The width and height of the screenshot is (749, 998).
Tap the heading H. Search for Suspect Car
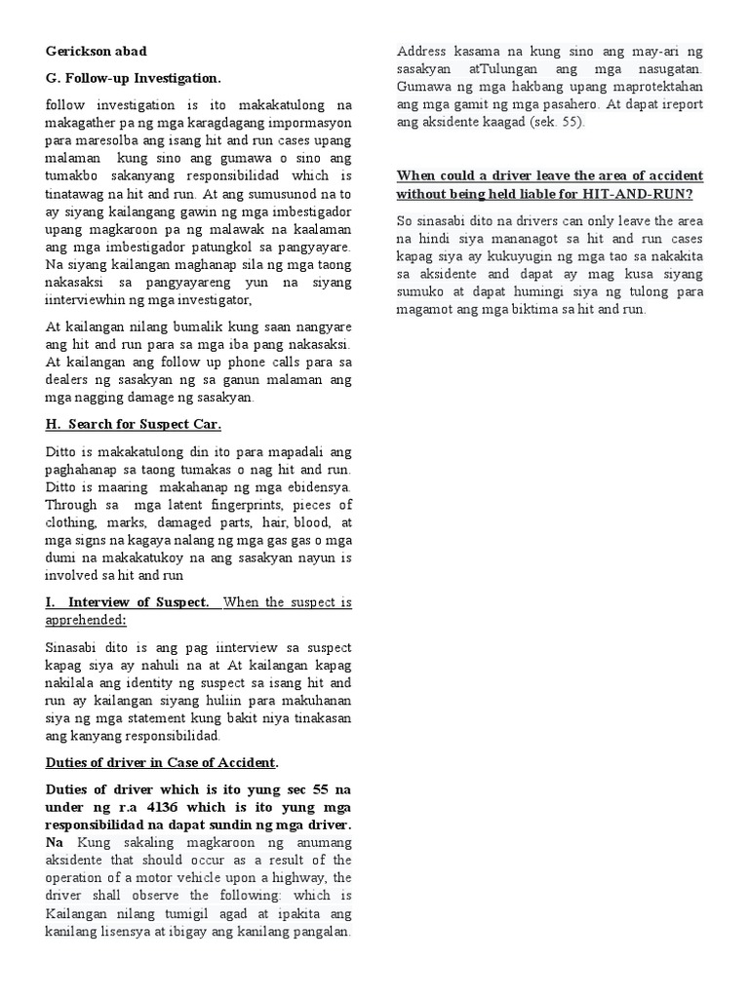(133, 425)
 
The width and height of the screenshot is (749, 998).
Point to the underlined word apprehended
(85, 621)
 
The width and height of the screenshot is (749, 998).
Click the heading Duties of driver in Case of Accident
(161, 761)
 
